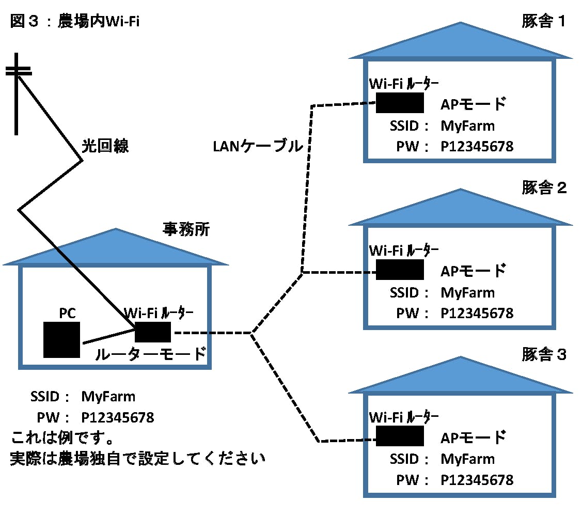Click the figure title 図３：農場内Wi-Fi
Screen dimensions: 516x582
(75, 22)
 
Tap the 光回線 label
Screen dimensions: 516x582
(105, 146)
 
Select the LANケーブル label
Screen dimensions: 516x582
(258, 147)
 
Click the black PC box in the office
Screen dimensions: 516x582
(61, 339)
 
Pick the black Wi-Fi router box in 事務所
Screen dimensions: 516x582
(153, 332)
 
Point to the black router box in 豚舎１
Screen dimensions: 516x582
(400, 103)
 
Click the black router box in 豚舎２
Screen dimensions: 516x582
(400, 270)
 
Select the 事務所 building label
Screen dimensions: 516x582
(186, 229)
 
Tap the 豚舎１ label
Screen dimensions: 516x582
(544, 22)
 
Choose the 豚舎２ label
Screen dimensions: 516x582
(544, 188)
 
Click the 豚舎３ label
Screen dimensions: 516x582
(544, 355)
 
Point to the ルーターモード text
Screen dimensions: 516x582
(150, 355)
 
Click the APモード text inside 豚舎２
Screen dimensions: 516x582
(472, 271)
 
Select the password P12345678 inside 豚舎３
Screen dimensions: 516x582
(477, 480)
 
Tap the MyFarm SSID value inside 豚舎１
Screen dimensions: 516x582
(467, 126)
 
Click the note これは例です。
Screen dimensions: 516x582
(62, 439)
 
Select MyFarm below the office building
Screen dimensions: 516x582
(108, 397)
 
